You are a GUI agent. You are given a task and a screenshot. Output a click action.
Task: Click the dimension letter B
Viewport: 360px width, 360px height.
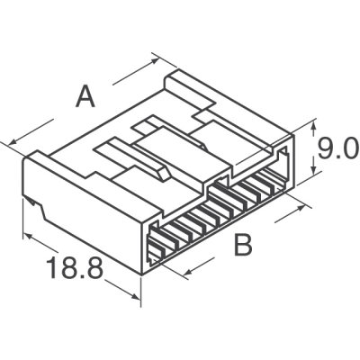tap(242, 244)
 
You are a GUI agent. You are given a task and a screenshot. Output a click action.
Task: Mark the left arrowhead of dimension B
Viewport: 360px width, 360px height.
tap(184, 270)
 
